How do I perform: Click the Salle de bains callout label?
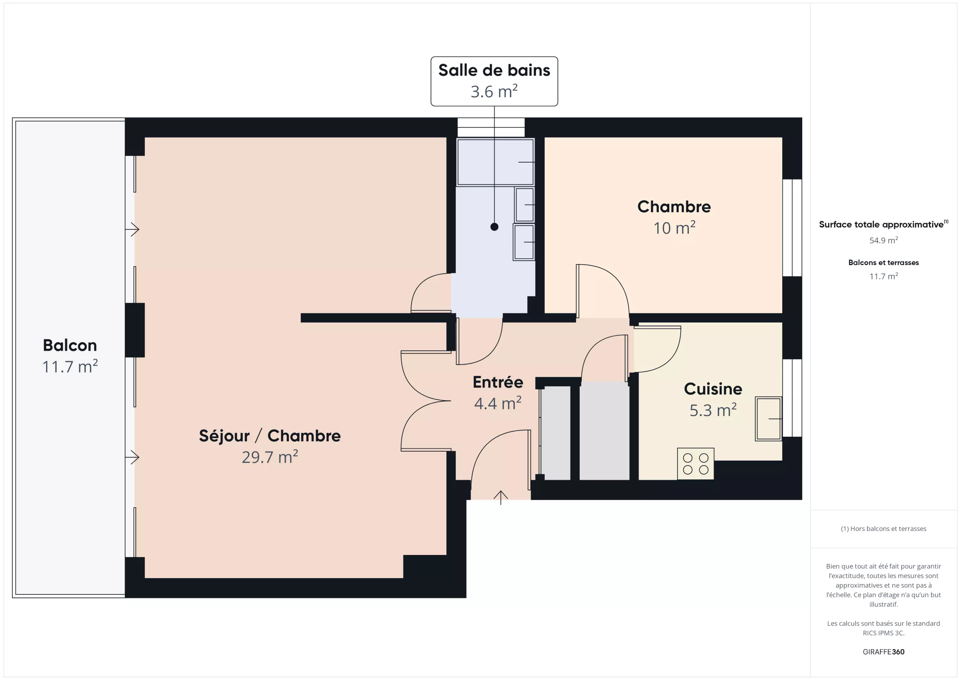494,81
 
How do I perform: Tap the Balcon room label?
70,345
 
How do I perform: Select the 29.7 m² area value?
270,457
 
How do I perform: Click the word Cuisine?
713,389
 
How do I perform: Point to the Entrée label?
498,382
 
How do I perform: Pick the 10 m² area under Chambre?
674,228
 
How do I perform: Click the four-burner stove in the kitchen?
696,463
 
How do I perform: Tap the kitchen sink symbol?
768,419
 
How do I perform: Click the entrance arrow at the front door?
501,498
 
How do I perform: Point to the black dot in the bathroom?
494,227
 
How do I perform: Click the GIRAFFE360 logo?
883,651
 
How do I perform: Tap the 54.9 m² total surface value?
883,240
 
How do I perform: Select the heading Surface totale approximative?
881,225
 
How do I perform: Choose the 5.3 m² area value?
713,410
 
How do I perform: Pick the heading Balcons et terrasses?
883,262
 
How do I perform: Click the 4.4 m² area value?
498,403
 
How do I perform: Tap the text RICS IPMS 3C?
883,633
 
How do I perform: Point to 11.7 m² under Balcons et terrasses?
883,276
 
